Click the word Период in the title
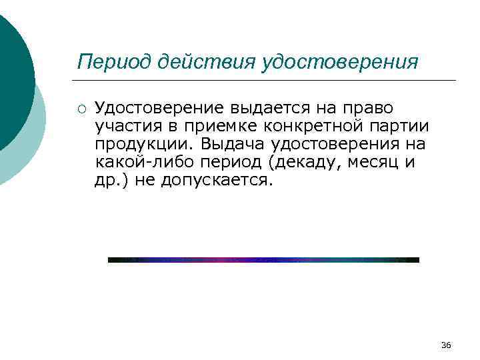115,62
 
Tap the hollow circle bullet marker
81,107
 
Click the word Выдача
230,144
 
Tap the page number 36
446,345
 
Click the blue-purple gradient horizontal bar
263,260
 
